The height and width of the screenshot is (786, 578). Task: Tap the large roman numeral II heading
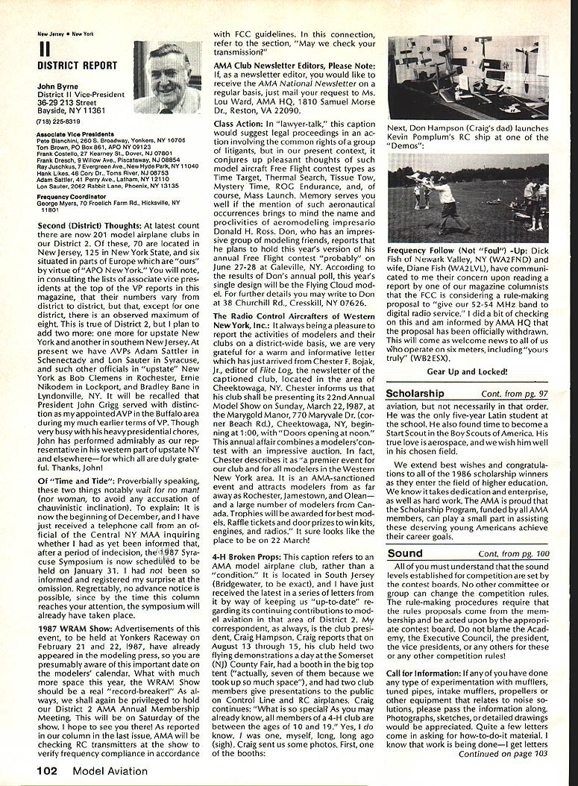(x=44, y=50)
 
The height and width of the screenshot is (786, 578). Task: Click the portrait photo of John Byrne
(x=167, y=78)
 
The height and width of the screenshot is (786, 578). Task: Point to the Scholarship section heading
(x=415, y=393)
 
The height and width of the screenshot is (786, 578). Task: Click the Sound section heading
(x=405, y=553)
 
